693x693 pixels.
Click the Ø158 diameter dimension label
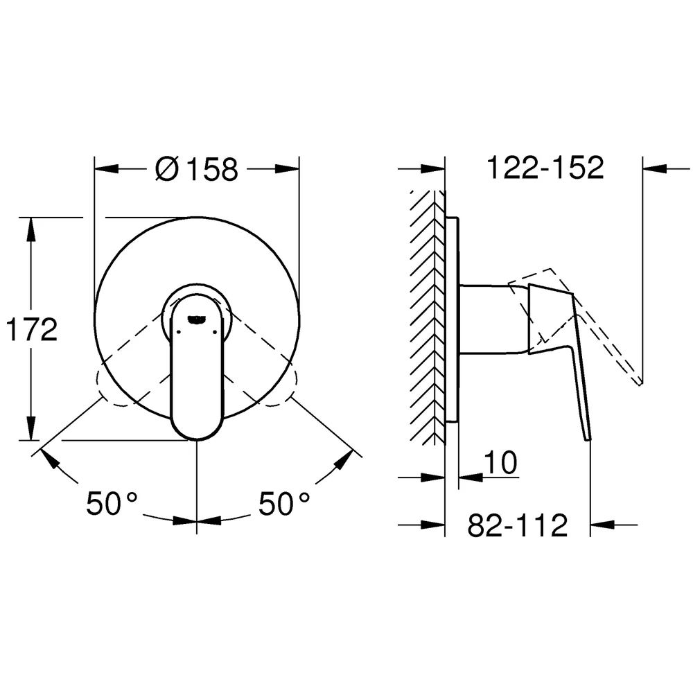click(197, 168)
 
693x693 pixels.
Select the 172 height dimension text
click(32, 329)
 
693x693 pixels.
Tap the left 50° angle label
click(112, 503)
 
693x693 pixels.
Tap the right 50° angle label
click(283, 503)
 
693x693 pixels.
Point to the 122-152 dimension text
click(545, 168)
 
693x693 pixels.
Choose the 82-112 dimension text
click(518, 525)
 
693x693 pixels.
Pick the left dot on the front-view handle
click(178, 331)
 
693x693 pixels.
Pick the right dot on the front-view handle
click(216, 331)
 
